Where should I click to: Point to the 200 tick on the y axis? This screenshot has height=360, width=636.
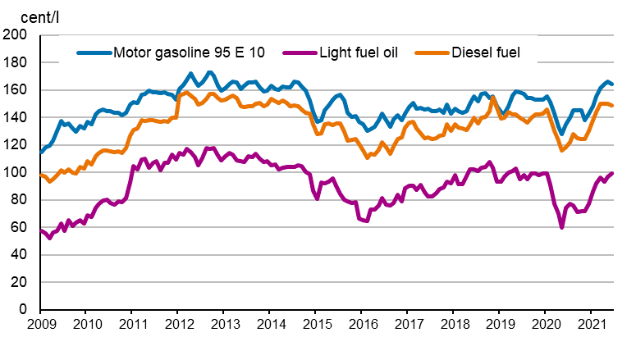pyautogui.click(x=16, y=35)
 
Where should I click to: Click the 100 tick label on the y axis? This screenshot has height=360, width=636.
pyautogui.click(x=16, y=173)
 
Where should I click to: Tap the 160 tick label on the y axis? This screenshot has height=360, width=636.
pyautogui.click(x=16, y=90)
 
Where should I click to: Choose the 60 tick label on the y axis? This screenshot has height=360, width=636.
pyautogui.click(x=19, y=228)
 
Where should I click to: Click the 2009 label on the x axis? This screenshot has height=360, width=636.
pyautogui.click(x=41, y=326)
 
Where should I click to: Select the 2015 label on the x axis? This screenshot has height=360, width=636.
pyautogui.click(x=316, y=326)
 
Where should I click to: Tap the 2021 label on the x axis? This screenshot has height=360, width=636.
pyautogui.click(x=591, y=326)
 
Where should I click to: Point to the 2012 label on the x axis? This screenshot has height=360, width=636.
pyautogui.click(x=178, y=326)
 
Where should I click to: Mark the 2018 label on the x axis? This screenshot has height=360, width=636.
pyautogui.click(x=453, y=326)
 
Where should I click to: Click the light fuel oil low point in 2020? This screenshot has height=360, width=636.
pyautogui.click(x=562, y=226)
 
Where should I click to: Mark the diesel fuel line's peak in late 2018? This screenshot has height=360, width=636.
pyautogui.click(x=492, y=98)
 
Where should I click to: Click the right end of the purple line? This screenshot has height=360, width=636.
pyautogui.click(x=612, y=173)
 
